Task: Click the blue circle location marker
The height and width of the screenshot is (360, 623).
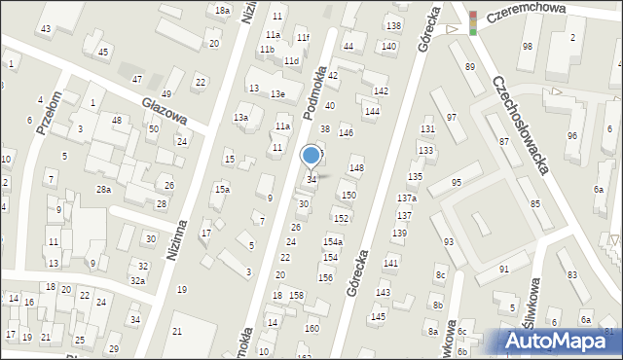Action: pos(311,155)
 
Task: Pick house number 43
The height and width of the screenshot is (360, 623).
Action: pos(46,29)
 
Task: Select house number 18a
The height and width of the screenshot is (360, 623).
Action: pos(222,10)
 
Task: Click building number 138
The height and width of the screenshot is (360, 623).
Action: pos(393,25)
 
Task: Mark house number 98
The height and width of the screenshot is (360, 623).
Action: pos(528,47)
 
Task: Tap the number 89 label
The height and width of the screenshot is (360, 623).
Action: pos(470,66)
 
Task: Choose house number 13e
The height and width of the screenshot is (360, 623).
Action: pos(278,94)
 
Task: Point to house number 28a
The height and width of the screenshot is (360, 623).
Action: pos(103,190)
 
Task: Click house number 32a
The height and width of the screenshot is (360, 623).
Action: pos(138,281)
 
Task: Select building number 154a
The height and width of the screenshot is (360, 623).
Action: pos(333,241)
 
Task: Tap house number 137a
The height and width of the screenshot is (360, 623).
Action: pos(407,198)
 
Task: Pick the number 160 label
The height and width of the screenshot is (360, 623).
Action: pos(311,329)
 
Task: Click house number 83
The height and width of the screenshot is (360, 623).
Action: pos(573,276)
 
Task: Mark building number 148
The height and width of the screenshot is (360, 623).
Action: pos(357,168)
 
